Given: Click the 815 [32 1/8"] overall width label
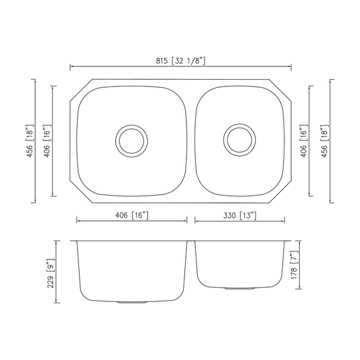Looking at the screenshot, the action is point(180,61).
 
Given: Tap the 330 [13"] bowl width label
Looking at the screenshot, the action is point(240,215).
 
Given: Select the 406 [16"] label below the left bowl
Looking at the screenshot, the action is point(132,215).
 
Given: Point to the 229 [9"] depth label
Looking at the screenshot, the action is point(51,274).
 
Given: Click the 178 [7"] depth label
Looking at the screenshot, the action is point(294,265).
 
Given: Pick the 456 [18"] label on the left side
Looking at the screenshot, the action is point(30,141).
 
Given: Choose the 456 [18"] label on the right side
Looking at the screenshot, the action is point(325,141).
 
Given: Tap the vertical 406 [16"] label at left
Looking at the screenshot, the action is point(47,141).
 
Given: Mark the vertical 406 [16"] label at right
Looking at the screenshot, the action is point(303,141).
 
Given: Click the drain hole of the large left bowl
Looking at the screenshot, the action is point(132,141).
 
